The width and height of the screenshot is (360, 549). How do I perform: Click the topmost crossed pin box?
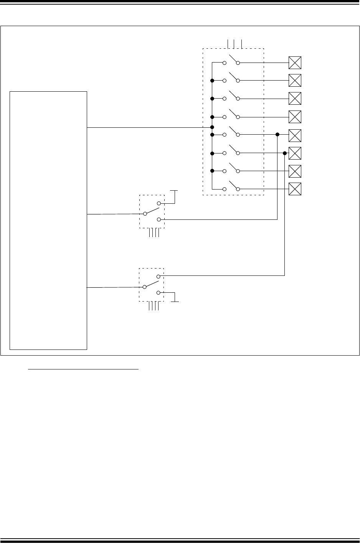coord(295,63)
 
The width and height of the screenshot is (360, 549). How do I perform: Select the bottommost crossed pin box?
coord(295,189)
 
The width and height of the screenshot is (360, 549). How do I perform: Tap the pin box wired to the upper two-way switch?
coord(295,135)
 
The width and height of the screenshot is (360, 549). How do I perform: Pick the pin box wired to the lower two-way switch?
coord(295,153)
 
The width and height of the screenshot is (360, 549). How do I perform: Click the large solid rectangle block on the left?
coord(48,220)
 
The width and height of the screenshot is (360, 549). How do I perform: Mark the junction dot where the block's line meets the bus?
coord(212,127)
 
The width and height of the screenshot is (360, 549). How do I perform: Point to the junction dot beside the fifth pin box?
coord(277,135)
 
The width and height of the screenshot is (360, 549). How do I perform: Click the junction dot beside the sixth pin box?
coord(284,153)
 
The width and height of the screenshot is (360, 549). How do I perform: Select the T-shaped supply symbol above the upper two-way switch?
coord(175,191)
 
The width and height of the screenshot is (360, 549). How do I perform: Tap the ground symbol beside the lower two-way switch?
coord(175,301)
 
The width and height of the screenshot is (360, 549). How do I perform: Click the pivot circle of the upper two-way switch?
coord(145,214)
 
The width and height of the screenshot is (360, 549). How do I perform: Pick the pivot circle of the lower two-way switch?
coord(145,287)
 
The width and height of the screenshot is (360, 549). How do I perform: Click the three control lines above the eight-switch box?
coord(234,43)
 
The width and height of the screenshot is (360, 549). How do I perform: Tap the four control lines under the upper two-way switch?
coord(154,232)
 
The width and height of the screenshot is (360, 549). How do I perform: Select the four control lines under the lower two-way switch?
coord(154,306)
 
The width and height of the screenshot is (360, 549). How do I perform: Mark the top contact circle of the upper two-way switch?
coord(159,203)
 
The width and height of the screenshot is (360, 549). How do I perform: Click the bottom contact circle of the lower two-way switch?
coord(159,293)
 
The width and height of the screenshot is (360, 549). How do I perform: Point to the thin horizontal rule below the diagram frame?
coord(84,370)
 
